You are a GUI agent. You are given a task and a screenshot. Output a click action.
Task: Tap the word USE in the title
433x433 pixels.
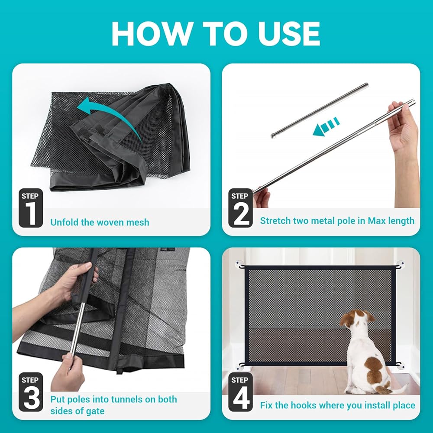[288, 33]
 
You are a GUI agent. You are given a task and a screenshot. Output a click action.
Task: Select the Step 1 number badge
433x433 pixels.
[31, 208]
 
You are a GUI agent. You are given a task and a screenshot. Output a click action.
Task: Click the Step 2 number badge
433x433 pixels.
[240, 208]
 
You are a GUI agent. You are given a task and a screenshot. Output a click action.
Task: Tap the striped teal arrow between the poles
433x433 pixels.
[326, 126]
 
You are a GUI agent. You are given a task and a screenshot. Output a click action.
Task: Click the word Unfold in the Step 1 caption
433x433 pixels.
[65, 222]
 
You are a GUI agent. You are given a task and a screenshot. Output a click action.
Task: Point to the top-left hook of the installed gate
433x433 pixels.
[240, 265]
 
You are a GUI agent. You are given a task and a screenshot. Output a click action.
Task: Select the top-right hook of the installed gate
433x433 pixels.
[400, 265]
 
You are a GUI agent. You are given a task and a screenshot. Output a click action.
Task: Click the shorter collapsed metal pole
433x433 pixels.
[320, 110]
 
